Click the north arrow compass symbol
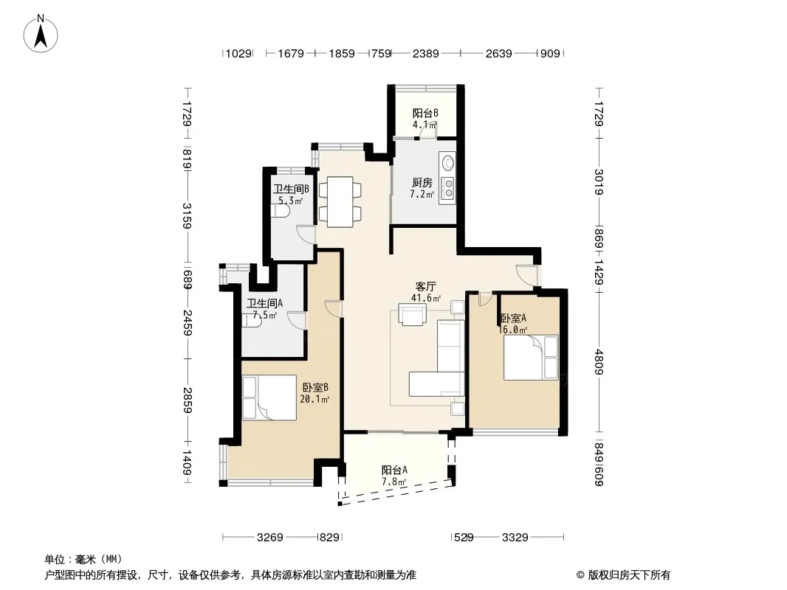coord(41,34)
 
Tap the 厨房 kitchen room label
coord(422,182)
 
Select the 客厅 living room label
coord(425,286)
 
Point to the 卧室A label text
coord(513,318)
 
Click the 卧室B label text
coord(315,387)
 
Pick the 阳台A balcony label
coord(394,471)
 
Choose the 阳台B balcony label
coord(425,114)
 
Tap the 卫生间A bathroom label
coord(264,303)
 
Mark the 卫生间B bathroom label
coord(291,189)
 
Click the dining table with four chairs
coord(340,201)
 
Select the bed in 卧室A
coord(531,358)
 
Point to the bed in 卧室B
coord(269,398)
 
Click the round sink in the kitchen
coord(447,163)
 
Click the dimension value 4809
coord(598,361)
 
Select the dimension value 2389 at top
coord(426,53)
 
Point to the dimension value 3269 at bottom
coord(270,538)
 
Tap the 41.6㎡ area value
coord(426,298)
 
